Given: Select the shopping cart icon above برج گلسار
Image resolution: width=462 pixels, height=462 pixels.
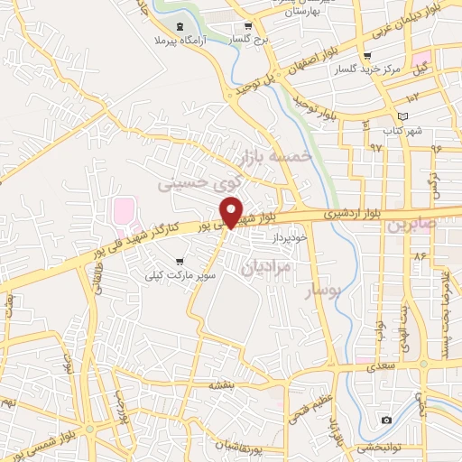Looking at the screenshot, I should tap(248, 27).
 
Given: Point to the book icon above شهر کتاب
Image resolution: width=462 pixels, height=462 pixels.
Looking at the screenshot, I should tap(402, 116).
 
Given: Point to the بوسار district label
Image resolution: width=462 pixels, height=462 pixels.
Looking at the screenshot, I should tap(322, 290).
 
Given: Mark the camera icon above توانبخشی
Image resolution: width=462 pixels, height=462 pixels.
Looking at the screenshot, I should tap(387, 420).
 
